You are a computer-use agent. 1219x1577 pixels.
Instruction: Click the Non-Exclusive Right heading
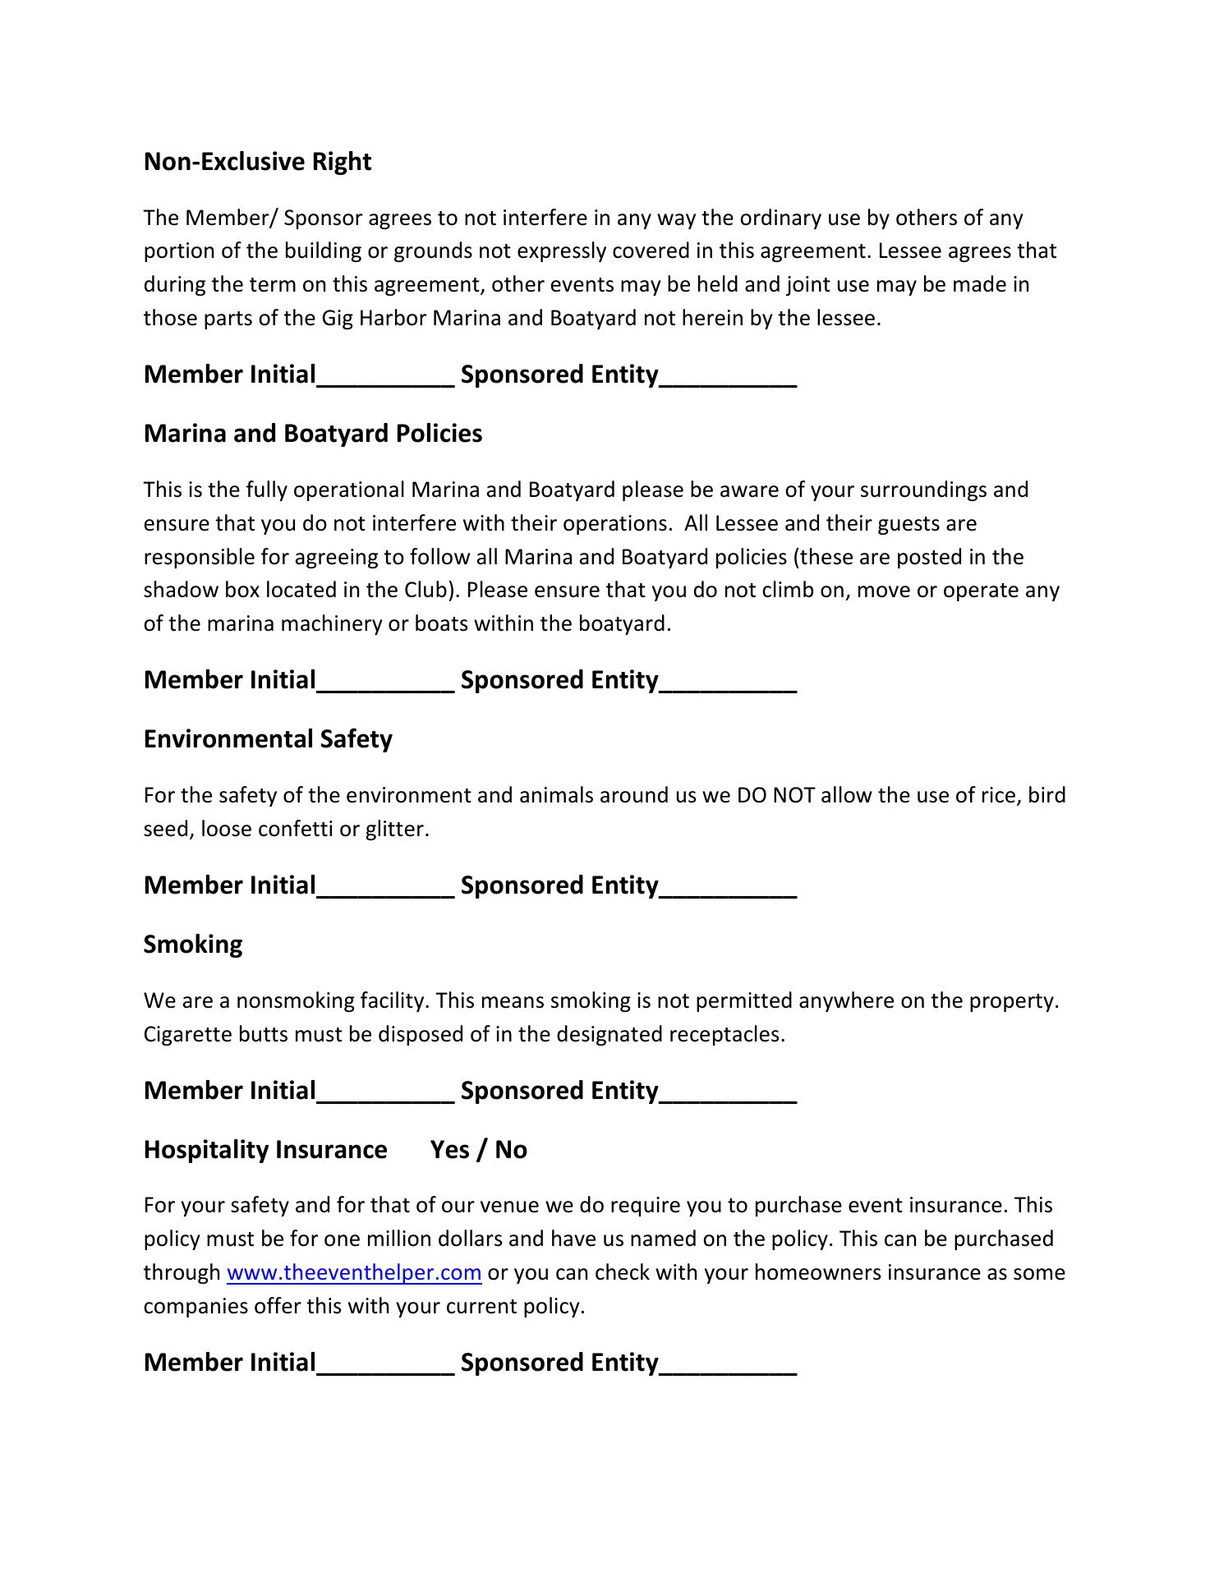(x=257, y=162)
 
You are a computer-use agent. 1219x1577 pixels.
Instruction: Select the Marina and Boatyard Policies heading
(x=312, y=434)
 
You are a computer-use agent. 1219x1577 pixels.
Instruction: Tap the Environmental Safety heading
(x=268, y=739)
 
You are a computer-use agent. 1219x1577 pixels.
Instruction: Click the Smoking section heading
(x=193, y=945)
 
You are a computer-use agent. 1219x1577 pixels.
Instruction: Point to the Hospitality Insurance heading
(x=265, y=1150)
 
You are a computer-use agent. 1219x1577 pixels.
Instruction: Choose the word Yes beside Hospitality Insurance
(x=450, y=1150)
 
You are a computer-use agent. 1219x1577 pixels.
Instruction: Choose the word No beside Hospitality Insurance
(x=511, y=1150)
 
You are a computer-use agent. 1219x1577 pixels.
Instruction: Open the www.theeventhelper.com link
(x=353, y=1273)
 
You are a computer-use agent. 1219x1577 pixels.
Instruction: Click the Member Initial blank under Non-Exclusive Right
(x=385, y=379)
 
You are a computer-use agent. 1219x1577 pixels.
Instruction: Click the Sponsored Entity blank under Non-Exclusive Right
(x=728, y=379)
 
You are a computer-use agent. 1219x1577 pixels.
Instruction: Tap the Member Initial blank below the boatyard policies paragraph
(x=385, y=685)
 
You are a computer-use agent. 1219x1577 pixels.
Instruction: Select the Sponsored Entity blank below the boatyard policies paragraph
(x=728, y=685)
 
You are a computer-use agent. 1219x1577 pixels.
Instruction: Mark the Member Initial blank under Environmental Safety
(x=385, y=890)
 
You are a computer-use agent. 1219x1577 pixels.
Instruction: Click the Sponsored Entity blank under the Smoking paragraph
(x=728, y=1096)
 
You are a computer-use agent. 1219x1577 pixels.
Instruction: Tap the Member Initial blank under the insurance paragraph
(x=385, y=1368)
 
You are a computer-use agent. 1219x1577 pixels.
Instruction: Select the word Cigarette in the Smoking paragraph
(x=187, y=1034)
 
